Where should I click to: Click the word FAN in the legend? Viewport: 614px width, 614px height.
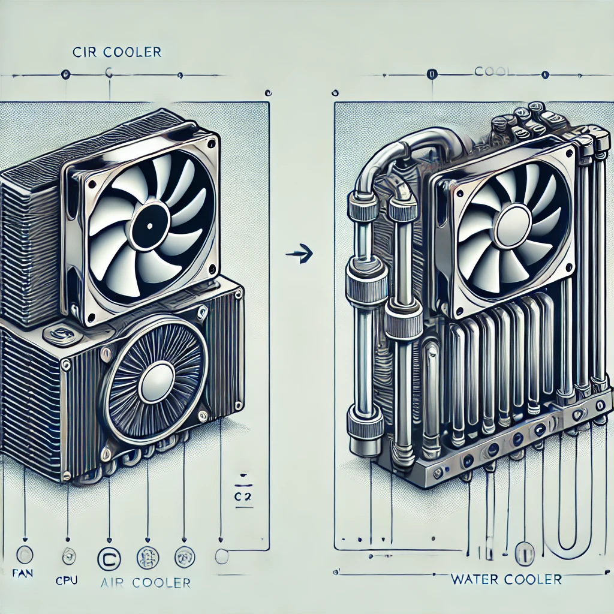tap(23, 573)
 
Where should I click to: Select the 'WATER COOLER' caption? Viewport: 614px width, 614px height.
tap(507, 579)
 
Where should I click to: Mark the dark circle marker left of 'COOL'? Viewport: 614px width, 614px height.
tap(430, 74)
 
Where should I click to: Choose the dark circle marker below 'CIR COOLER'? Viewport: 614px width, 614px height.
tap(65, 74)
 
